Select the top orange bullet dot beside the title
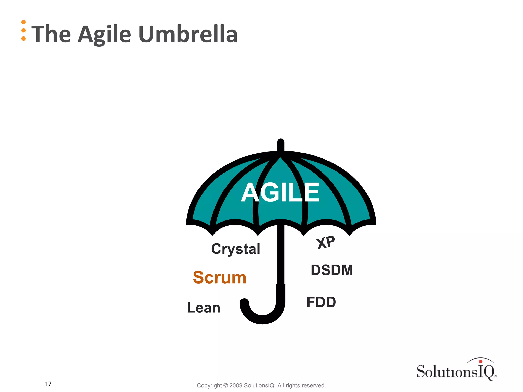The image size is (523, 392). tap(23, 22)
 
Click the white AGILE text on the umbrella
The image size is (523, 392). tap(280, 192)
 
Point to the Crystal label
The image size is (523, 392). tap(235, 249)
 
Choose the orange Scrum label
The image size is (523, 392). tap(220, 277)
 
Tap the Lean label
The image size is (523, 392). tap(204, 308)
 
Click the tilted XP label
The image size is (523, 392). tap(326, 242)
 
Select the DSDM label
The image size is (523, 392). tap(332, 270)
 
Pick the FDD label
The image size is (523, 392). tap(321, 302)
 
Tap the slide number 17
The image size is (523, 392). tap(48, 384)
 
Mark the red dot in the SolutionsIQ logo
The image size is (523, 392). tap(481, 361)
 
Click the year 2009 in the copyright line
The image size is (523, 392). tap(236, 385)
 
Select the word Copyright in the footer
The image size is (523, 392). tap(209, 385)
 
